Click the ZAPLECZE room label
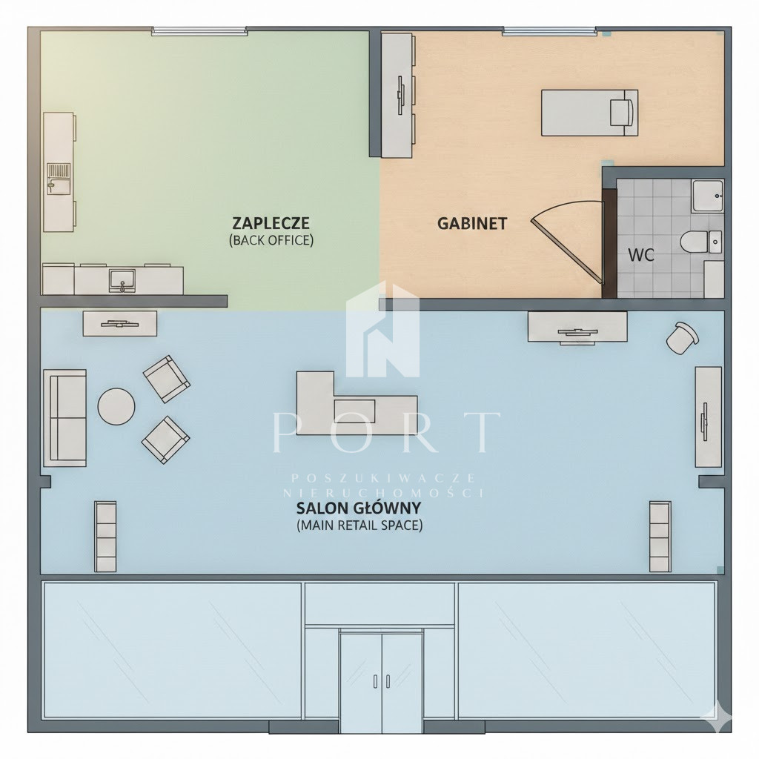coord(271,223)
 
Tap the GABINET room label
coord(472,224)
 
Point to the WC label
coord(641,255)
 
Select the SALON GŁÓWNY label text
coord(358,508)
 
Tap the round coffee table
coord(116,407)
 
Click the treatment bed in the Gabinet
coord(589,113)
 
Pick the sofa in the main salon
coord(65,418)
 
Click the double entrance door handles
coord(382,681)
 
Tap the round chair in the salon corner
coord(682,338)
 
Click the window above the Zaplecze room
coord(199,31)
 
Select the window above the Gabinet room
coord(549,31)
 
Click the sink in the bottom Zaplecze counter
coord(122,280)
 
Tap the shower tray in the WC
coord(708,196)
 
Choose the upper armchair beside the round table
coord(166,379)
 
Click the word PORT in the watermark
coord(386,432)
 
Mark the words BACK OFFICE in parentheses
coord(271,240)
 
